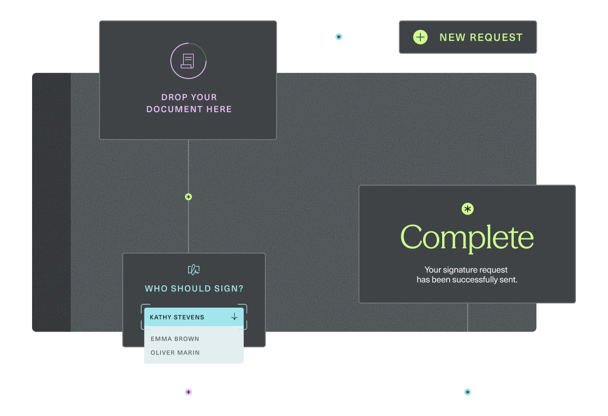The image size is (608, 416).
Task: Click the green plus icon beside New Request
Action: [x=420, y=37]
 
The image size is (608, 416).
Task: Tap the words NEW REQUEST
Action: [x=481, y=37]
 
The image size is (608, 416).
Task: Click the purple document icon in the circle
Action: [x=188, y=61]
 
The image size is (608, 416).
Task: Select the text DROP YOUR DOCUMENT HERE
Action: [x=189, y=103]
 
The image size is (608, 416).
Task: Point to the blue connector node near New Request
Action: [x=338, y=36]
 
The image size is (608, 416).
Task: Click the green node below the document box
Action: [x=188, y=197]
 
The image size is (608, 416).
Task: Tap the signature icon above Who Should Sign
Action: [x=194, y=270]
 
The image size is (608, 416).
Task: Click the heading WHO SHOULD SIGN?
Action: [x=194, y=288]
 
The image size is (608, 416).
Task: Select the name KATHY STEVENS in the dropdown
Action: [x=177, y=317]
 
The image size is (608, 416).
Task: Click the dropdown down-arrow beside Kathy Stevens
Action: [x=234, y=316]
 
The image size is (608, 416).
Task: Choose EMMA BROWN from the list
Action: [x=175, y=339]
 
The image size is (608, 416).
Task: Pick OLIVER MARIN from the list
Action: [x=175, y=352]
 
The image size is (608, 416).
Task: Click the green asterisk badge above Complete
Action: [x=467, y=209]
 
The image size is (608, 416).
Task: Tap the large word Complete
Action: [x=467, y=237]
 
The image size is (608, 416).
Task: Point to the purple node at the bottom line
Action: [x=188, y=391]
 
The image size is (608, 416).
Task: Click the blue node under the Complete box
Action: [x=467, y=391]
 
